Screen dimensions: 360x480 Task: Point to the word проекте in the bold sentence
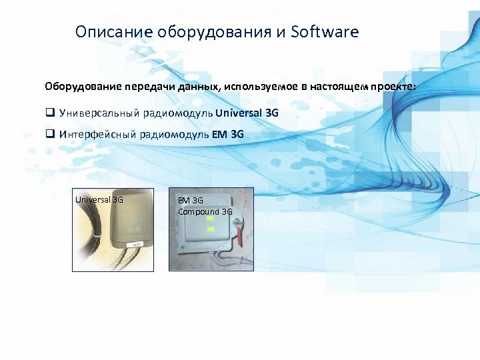(395, 87)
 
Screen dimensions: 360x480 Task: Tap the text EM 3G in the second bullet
(228, 134)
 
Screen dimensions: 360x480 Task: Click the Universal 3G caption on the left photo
(99, 199)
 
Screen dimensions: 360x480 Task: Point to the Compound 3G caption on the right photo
(205, 211)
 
